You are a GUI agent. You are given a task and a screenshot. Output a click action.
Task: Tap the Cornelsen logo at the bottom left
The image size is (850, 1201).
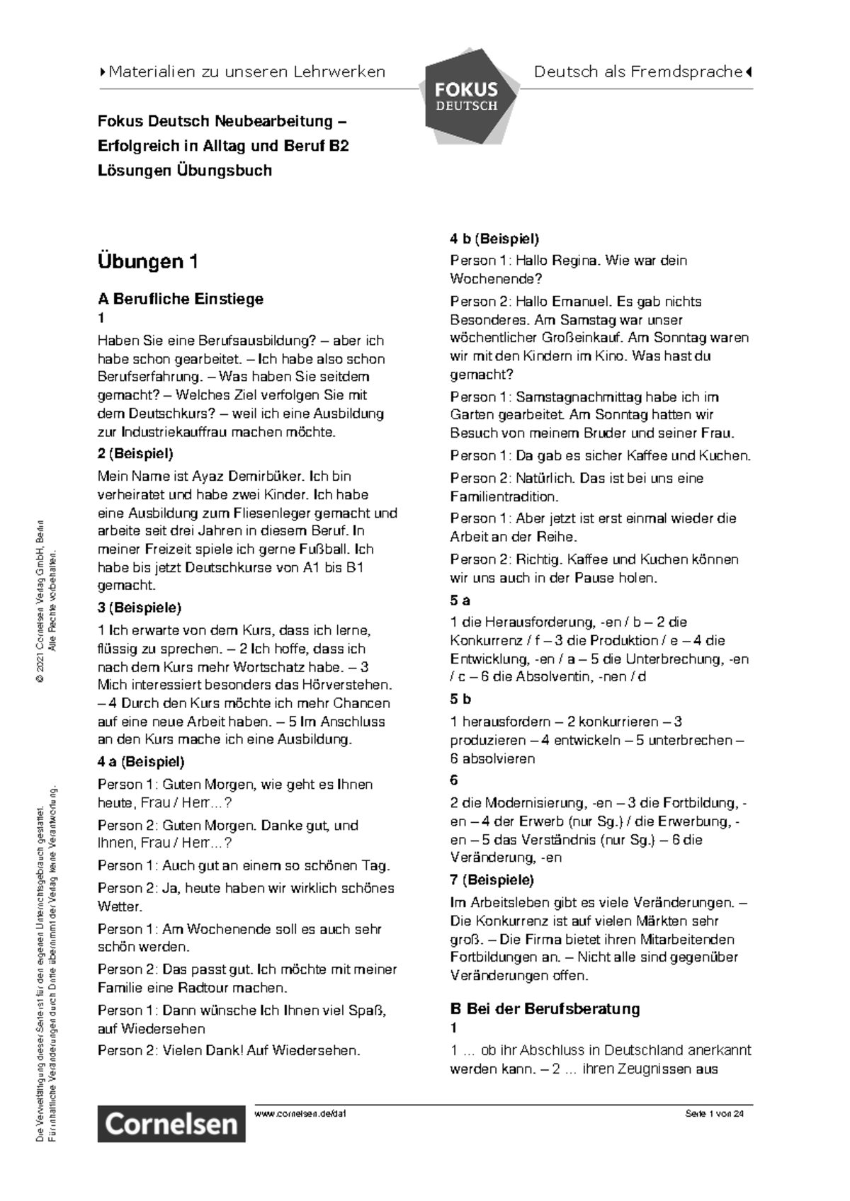[171, 1123]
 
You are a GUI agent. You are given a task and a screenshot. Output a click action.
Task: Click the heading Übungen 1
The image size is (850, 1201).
[147, 262]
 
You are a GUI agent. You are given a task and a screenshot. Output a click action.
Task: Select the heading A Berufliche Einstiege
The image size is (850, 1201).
[180, 299]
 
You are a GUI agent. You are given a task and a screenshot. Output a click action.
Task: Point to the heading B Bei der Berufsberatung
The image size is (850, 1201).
[545, 1008]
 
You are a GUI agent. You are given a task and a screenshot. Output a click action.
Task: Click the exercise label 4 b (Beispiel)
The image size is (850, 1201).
[494, 239]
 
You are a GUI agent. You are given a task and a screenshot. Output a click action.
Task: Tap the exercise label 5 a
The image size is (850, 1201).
[460, 600]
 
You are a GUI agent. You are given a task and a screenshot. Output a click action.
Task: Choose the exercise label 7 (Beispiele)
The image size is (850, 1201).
[492, 880]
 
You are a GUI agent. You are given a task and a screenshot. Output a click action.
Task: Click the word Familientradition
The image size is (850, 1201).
[504, 496]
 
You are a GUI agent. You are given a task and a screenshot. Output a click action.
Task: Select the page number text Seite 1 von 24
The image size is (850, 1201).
[714, 1114]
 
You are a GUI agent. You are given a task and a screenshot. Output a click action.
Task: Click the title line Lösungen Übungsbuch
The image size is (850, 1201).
[184, 171]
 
